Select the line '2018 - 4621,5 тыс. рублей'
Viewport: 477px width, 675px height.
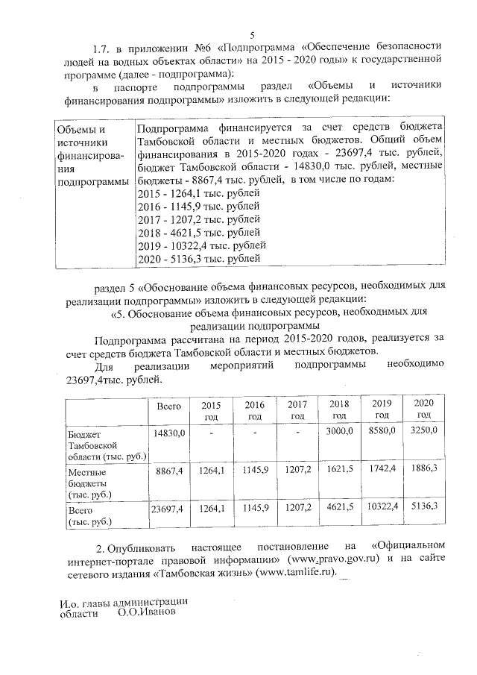(x=199, y=232)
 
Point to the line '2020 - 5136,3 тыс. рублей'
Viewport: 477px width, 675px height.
(x=199, y=258)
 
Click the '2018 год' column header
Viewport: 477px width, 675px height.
(x=339, y=409)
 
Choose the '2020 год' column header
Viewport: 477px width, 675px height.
(x=424, y=409)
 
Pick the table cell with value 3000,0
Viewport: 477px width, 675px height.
(x=340, y=431)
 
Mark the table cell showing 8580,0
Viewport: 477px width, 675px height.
(x=382, y=431)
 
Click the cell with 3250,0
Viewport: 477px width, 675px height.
(x=424, y=430)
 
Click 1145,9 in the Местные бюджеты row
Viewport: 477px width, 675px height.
(x=254, y=471)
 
